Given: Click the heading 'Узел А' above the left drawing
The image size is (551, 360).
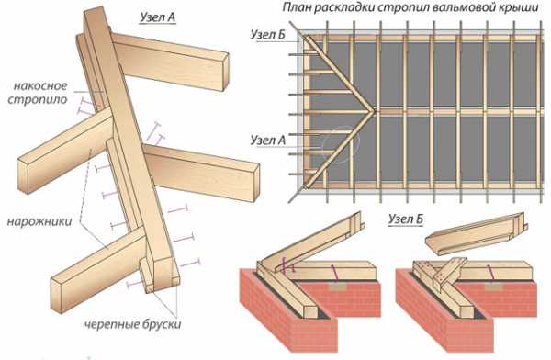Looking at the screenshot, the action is point(157,17).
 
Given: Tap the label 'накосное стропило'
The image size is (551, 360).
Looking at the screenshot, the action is point(38,93).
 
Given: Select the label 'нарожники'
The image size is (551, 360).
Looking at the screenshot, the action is point(39,221).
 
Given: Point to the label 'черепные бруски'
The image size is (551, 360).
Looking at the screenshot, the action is point(133,324).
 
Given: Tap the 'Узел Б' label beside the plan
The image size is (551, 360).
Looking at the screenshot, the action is point(268,35).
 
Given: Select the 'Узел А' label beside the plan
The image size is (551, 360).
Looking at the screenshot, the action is point(268,141).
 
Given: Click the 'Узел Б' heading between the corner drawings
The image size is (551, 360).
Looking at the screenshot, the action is point(406,219).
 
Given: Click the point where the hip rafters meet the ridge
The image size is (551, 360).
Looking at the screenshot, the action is point(374,112).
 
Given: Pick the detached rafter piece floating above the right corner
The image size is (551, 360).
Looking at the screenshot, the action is point(476,232).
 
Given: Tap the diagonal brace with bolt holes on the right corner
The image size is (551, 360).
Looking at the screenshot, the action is point(450,272).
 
